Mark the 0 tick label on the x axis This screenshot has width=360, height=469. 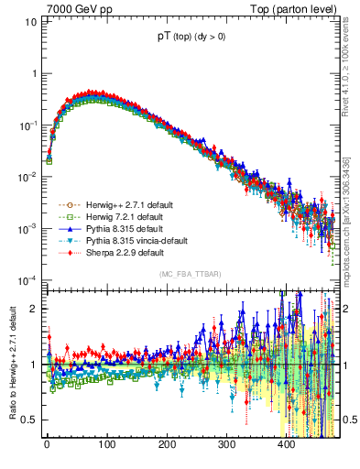coord(46,444)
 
